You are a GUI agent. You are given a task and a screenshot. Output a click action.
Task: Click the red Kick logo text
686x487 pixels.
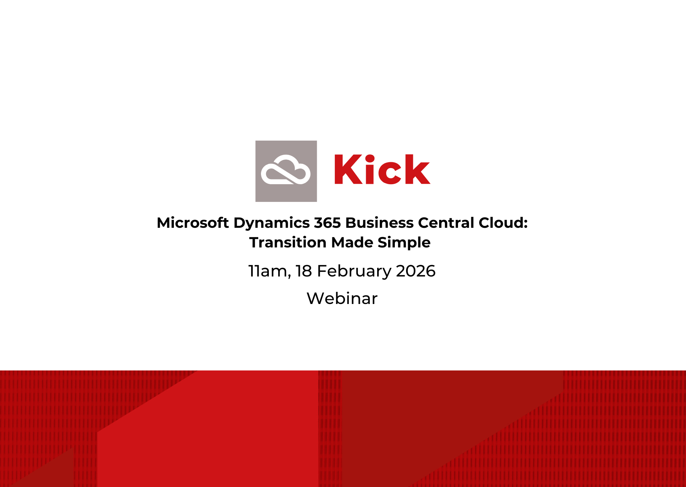pyautogui.click(x=382, y=169)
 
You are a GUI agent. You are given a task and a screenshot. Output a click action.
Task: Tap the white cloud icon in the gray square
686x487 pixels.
pyautogui.click(x=286, y=170)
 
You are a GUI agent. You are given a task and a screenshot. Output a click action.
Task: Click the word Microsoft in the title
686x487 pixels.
pyautogui.click(x=193, y=223)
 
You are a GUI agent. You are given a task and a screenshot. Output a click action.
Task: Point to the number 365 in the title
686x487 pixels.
pyautogui.click(x=327, y=223)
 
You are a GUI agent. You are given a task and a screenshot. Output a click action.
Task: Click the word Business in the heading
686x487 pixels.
pyautogui.click(x=379, y=223)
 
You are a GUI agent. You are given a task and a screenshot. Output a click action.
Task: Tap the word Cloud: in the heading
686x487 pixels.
pyautogui.click(x=503, y=223)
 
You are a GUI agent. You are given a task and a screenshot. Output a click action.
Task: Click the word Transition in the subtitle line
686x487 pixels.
pyautogui.click(x=288, y=242)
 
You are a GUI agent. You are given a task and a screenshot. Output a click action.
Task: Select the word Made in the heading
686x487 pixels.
pyautogui.click(x=352, y=242)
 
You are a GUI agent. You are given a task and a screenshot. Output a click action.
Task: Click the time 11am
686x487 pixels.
pyautogui.click(x=270, y=271)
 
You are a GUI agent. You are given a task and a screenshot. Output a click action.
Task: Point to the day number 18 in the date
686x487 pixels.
pyautogui.click(x=304, y=271)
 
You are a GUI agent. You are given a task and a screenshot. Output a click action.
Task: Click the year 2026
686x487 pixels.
pyautogui.click(x=416, y=271)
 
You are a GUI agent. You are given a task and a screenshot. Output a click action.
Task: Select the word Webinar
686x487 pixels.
pyautogui.click(x=342, y=298)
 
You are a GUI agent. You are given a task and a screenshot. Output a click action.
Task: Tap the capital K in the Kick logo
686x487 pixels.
pyautogui.click(x=348, y=170)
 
